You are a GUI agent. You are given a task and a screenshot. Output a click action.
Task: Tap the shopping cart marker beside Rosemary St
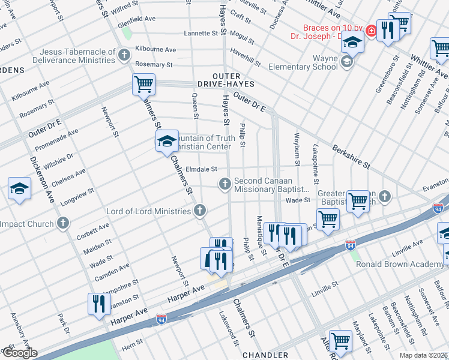click(x=143, y=84)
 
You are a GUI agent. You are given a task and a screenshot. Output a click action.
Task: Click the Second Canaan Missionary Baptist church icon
click(x=225, y=184)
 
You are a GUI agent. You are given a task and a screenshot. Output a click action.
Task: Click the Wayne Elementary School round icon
click(x=346, y=62)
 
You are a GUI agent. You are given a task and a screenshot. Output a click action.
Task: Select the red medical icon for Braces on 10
click(x=372, y=29)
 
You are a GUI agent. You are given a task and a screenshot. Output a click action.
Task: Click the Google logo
click(x=19, y=353)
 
